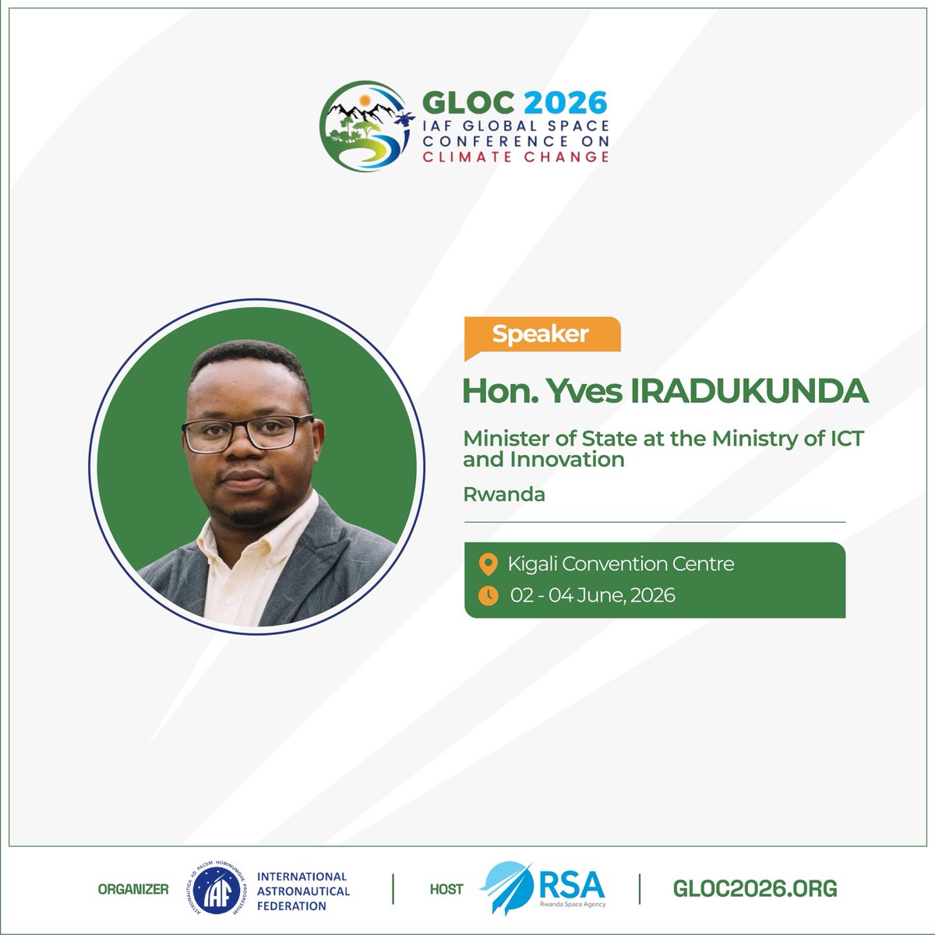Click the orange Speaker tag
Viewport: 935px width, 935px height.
pyautogui.click(x=541, y=334)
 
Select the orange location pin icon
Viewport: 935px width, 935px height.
pyautogui.click(x=488, y=563)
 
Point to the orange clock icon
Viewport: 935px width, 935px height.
pyautogui.click(x=488, y=595)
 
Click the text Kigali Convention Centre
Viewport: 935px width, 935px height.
pyautogui.click(x=621, y=563)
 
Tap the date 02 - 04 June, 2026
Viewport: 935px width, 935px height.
pyautogui.click(x=593, y=596)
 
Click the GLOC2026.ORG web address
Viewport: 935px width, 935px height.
pyautogui.click(x=754, y=888)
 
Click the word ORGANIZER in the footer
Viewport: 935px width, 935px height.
pyautogui.click(x=133, y=889)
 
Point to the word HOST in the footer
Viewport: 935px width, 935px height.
pyautogui.click(x=446, y=889)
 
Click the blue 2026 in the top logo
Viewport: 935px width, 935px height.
pyautogui.click(x=565, y=102)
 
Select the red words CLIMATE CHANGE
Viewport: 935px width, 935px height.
pyautogui.click(x=515, y=157)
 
